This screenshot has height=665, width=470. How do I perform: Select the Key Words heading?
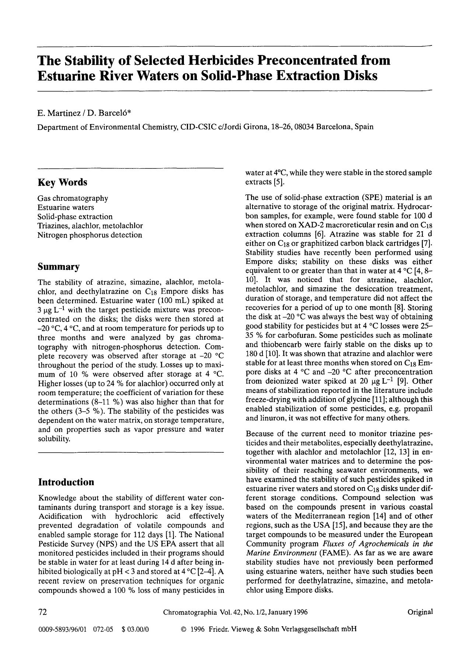[62, 182]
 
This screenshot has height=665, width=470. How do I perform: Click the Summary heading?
[59, 267]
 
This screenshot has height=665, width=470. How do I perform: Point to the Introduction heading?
[66, 482]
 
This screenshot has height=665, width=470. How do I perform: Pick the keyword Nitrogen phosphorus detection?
[90, 235]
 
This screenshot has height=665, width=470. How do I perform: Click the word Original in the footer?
[420, 612]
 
